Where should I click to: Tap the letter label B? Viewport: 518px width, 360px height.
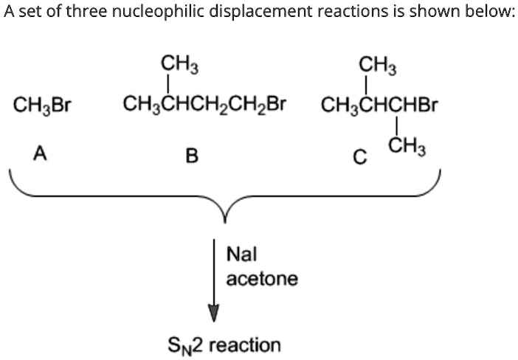(192, 156)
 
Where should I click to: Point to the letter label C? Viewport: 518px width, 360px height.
(359, 156)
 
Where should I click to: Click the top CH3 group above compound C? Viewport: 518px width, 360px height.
(377, 64)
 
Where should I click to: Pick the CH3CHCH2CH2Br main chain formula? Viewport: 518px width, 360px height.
(204, 103)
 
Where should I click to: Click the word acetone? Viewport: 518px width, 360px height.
(262, 279)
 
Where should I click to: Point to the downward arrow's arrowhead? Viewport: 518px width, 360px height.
(214, 313)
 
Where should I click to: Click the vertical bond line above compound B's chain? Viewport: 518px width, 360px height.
(171, 84)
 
